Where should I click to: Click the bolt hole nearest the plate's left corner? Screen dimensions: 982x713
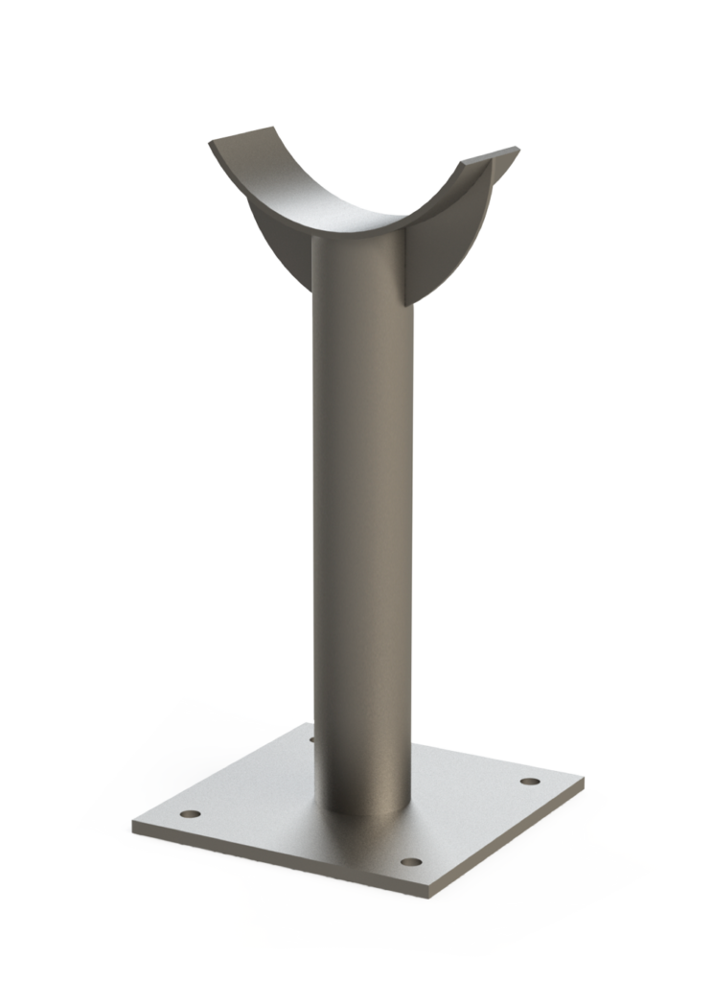pos(191,814)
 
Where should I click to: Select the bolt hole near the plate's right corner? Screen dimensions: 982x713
pos(526,783)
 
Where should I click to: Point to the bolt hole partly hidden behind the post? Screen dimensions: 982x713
pos(312,739)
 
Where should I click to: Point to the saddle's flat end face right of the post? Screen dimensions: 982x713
pos(448,240)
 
